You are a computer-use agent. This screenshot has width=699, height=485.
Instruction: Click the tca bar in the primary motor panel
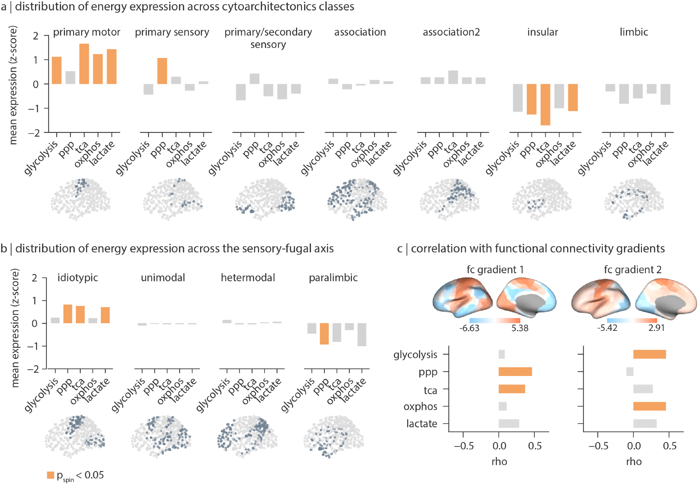coord(84,64)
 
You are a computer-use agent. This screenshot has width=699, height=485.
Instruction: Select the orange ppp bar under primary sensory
coord(162,71)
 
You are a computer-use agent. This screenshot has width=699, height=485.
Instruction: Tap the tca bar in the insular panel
coord(545,104)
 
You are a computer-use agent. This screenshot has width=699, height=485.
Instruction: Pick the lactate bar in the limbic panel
coord(665,94)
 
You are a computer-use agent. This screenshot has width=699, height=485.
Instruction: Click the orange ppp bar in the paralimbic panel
coord(324,334)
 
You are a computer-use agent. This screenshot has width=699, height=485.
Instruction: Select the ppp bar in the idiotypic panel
coord(68,314)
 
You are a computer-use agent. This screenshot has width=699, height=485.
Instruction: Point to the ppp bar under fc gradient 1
coord(515,371)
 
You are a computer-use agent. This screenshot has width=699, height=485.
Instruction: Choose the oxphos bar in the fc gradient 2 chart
coord(649,406)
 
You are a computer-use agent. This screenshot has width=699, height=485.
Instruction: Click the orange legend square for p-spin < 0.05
coord(51,475)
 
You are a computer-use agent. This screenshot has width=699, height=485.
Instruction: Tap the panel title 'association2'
coord(451,32)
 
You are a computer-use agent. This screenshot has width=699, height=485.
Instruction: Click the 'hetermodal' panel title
coord(248,277)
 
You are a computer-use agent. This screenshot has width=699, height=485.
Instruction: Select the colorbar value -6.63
coord(469,328)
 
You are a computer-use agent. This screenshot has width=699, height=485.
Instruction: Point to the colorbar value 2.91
coord(656,328)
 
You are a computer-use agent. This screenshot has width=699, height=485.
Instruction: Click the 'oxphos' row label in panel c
coord(420,406)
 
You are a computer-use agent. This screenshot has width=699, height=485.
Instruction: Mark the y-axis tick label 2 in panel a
coord(35,36)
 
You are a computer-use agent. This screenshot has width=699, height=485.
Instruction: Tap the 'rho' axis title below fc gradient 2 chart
coord(634,462)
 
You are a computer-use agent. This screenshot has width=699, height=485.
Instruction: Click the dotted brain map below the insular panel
coord(542,199)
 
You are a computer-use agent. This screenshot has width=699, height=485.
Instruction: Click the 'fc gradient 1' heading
coord(495,269)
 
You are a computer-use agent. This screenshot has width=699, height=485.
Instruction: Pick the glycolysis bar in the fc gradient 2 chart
coord(649,354)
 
